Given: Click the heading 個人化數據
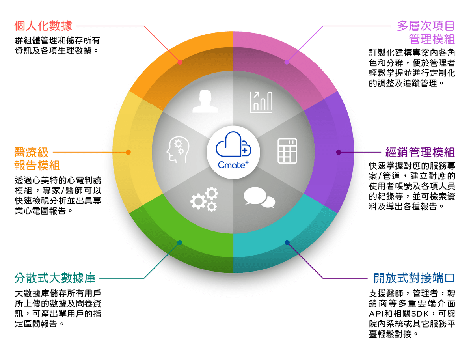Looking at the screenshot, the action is [x=43, y=26].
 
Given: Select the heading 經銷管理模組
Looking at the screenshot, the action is [x=420, y=152].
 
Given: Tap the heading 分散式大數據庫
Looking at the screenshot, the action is [x=55, y=278].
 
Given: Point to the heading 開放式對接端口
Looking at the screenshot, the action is [x=414, y=278].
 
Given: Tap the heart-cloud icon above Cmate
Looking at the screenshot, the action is [x=233, y=144].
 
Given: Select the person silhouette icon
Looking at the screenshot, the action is [x=205, y=101].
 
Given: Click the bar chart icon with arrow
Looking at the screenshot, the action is [x=261, y=102].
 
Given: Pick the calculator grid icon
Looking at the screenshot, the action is [x=287, y=151].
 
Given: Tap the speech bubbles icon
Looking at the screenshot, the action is [x=259, y=198].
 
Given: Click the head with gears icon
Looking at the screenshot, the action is [x=178, y=149].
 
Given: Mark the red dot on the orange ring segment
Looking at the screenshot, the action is [x=180, y=62].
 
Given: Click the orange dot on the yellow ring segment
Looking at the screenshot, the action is [x=128, y=152].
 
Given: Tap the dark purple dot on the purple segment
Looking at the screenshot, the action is [x=339, y=152].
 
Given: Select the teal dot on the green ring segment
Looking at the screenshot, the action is [x=180, y=242].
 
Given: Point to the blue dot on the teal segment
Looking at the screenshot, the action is [x=287, y=242].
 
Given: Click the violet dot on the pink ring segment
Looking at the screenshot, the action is [x=287, y=62].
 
